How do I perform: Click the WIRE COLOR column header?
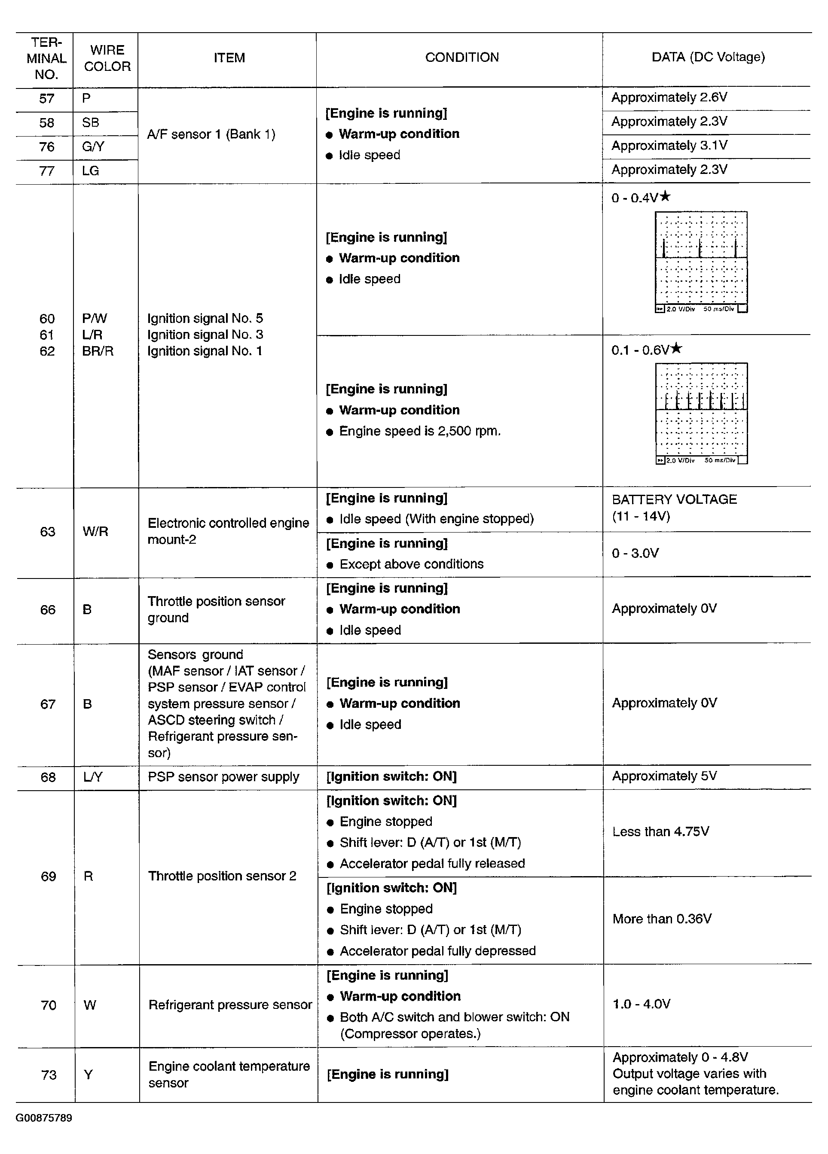pos(107,58)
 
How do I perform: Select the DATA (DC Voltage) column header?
pos(708,57)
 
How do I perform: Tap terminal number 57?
pos(46,99)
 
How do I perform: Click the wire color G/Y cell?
pos(93,146)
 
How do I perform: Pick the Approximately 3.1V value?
pos(669,146)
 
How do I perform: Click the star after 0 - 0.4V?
pos(665,196)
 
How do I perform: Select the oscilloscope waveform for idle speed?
pos(701,262)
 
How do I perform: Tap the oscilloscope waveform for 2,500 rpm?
pos(701,413)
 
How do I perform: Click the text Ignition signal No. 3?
pos(205,335)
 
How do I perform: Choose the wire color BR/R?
pos(98,351)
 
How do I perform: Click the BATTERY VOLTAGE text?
pos(674,499)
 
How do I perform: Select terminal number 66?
pos(47,609)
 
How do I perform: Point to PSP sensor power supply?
pos(223,777)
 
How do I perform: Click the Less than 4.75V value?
pos(660,831)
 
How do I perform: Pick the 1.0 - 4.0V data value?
pos(641,1004)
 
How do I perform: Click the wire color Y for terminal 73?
pos(88,1075)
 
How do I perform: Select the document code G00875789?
pos(44,1118)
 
